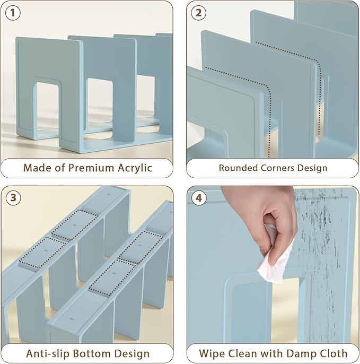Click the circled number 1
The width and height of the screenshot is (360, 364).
13,13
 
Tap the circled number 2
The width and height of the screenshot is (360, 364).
198,13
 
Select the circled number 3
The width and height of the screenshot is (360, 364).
13,198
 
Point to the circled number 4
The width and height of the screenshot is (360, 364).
199,198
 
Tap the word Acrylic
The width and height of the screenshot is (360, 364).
135,168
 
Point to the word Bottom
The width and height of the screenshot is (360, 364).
92,353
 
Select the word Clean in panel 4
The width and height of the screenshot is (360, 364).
243,353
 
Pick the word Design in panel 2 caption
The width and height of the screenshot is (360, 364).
312,168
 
